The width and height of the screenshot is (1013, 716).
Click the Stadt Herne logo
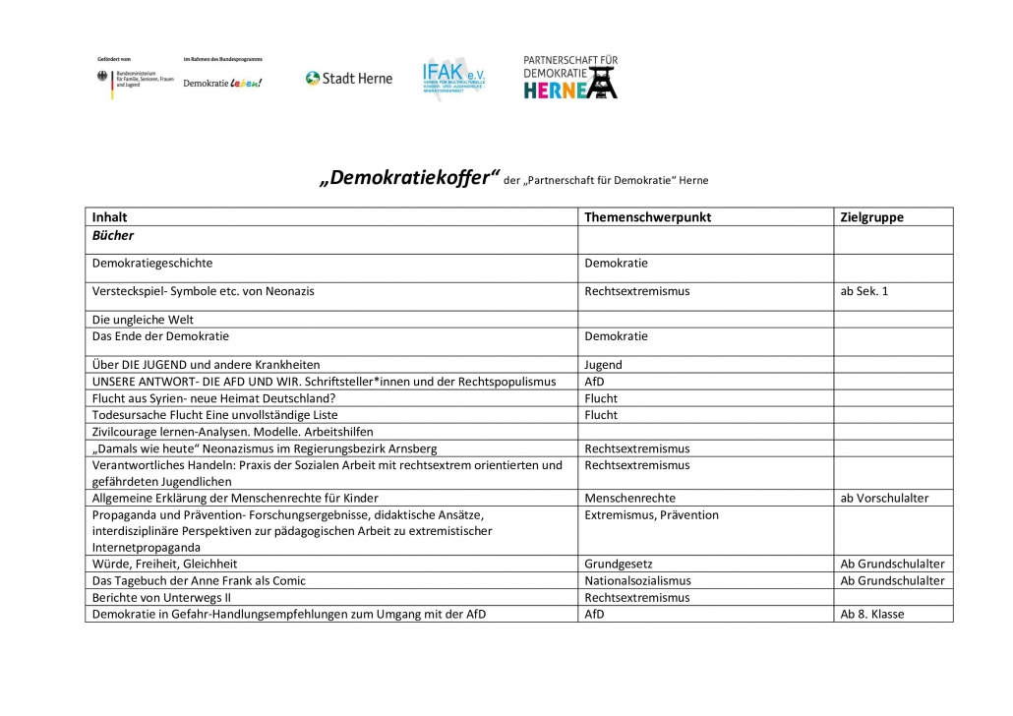(348, 79)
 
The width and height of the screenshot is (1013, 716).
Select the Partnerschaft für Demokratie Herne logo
(570, 78)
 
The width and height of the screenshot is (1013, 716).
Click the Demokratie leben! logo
(222, 83)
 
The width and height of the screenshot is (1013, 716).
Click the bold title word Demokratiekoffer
(404, 178)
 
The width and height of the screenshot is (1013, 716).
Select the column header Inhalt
(109, 217)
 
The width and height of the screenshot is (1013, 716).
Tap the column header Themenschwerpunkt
(647, 217)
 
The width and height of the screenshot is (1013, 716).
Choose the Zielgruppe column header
(871, 217)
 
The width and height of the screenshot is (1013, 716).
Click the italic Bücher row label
(112, 236)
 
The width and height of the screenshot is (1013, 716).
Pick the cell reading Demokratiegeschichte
(152, 264)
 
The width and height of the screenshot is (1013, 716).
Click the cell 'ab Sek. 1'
(864, 291)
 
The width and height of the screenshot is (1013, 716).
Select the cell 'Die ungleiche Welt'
(143, 320)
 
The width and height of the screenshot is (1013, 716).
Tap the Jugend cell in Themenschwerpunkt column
(603, 365)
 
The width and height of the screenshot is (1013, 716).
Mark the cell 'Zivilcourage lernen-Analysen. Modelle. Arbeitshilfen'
(233, 432)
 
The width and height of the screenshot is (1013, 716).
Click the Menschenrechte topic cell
(629, 498)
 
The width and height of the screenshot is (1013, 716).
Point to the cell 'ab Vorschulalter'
(884, 498)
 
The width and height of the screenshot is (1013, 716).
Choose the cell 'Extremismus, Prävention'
(651, 515)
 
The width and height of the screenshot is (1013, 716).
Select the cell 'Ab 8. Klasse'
(871, 614)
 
